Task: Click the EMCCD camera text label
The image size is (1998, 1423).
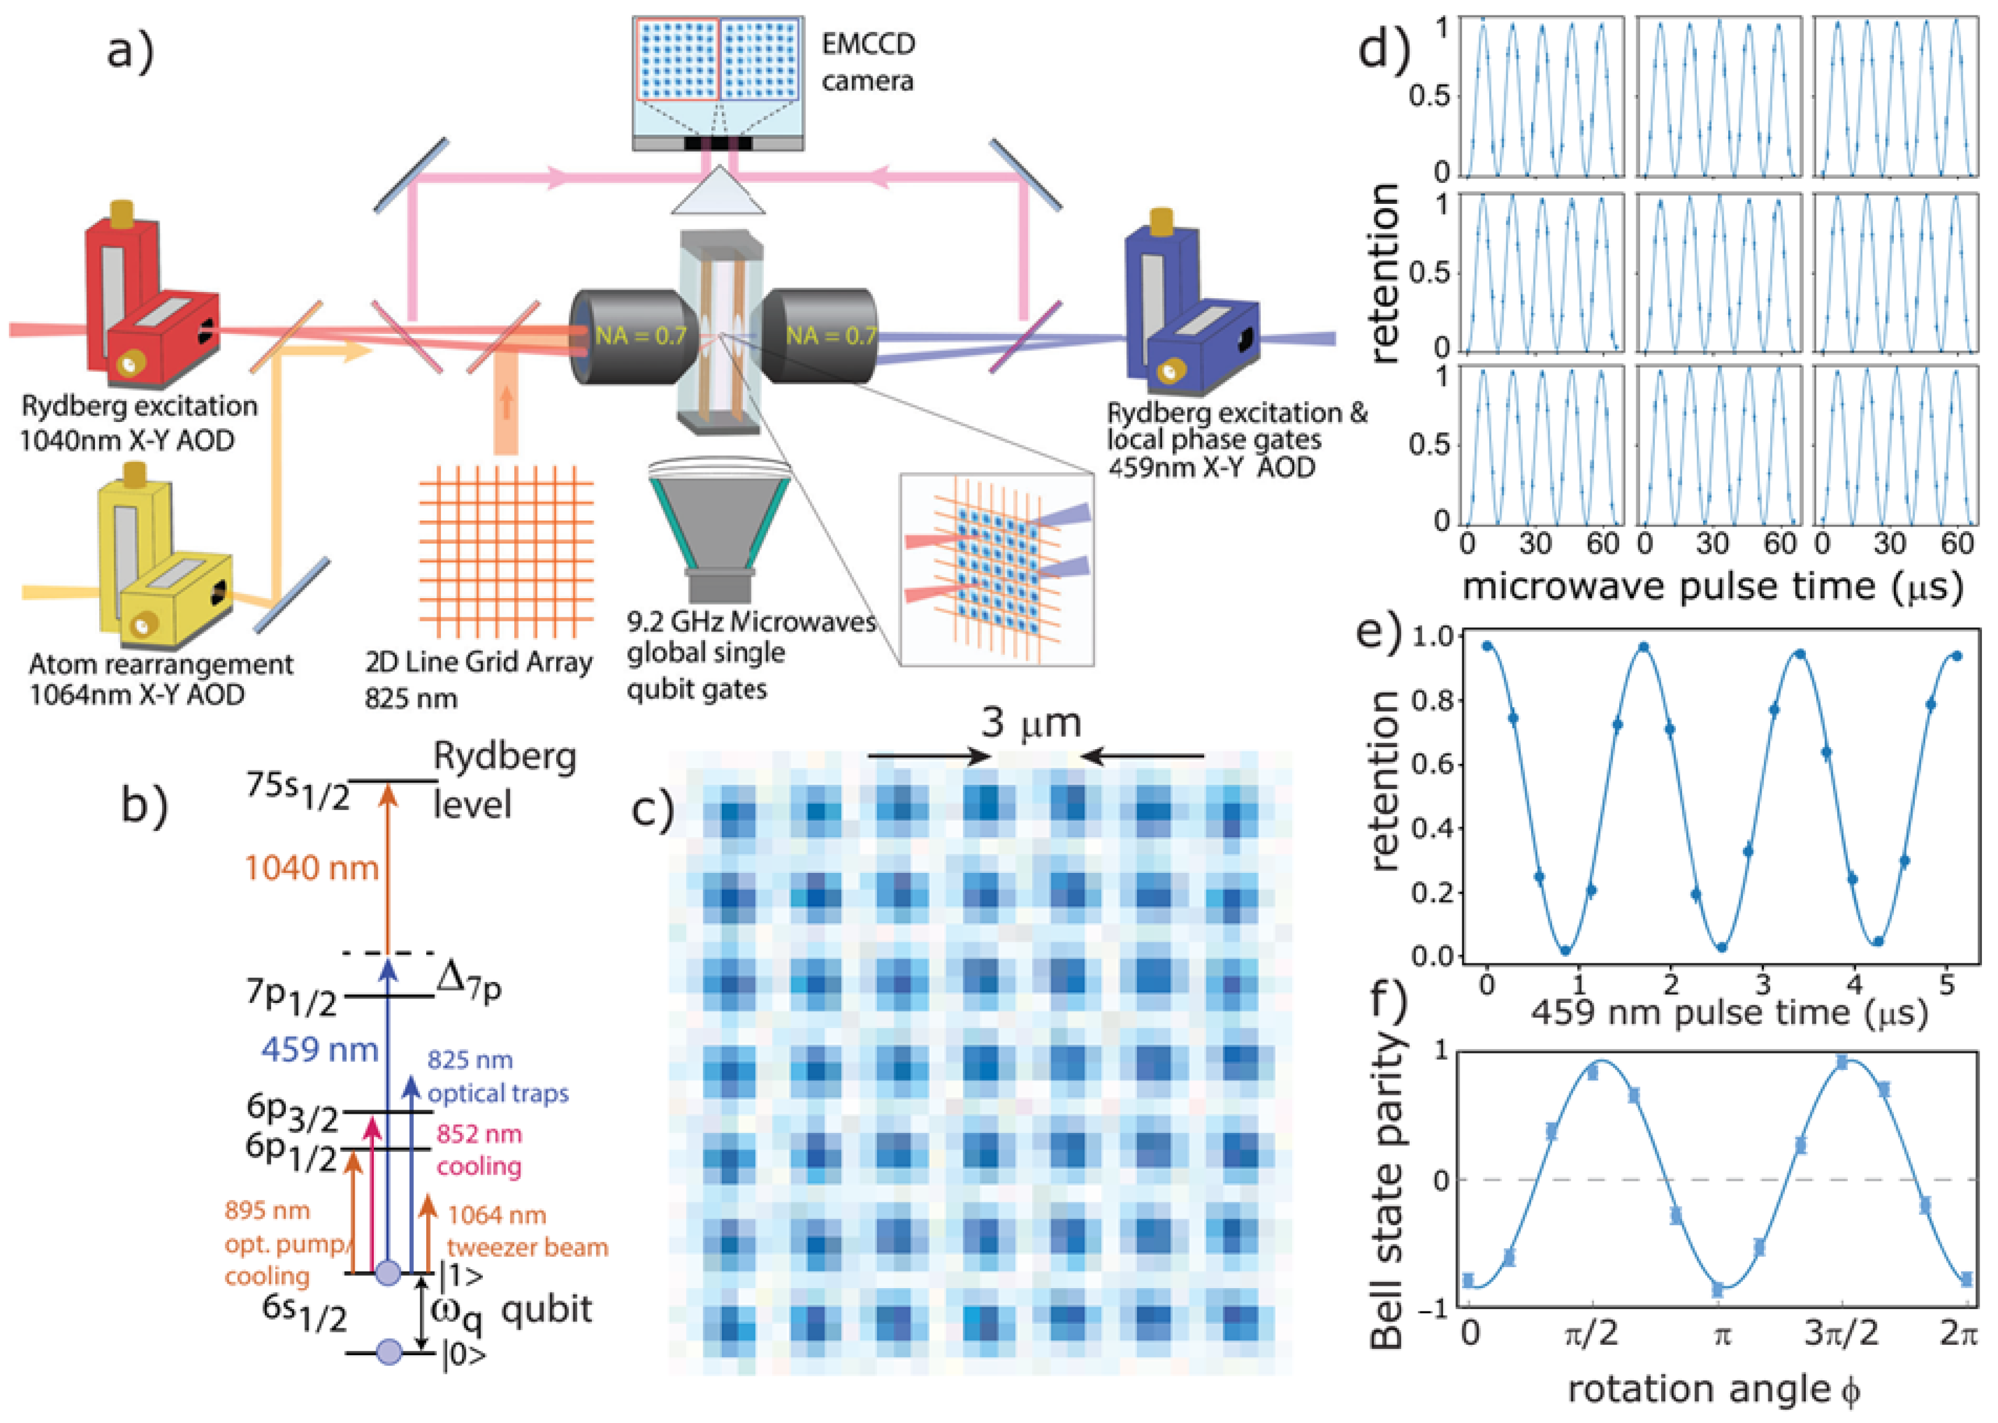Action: (x=867, y=62)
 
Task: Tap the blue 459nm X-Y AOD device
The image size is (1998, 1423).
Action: (x=1191, y=307)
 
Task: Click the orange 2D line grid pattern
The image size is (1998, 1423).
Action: (x=506, y=552)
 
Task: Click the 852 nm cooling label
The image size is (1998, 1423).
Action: (x=479, y=1149)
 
